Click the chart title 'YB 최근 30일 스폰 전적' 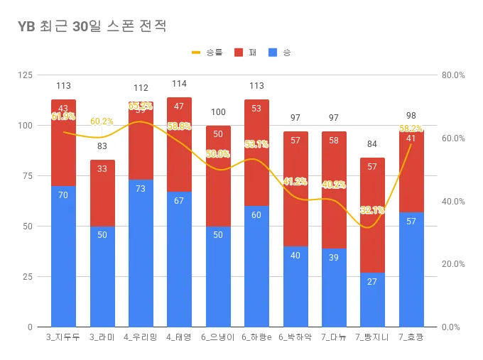coord(92,27)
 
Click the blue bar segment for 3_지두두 coord(63,256)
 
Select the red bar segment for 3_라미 coord(102,192)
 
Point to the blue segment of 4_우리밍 coord(141,253)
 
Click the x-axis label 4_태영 coord(179,337)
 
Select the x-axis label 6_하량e coord(256,337)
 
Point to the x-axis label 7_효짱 coord(411,337)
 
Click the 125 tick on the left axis coord(25,75)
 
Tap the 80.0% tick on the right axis coord(452,75)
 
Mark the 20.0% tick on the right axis coord(452,264)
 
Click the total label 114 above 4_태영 coord(179,84)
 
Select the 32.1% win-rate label coord(372,210)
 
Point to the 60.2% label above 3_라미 coord(102,121)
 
